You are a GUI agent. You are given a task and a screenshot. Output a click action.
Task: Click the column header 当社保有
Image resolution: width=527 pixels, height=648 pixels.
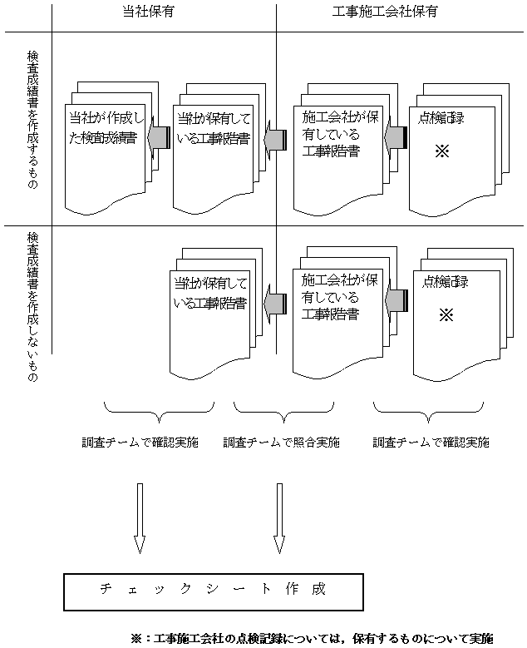coord(163,12)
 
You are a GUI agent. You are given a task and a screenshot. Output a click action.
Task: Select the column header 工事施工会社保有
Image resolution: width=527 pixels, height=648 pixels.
coord(385,12)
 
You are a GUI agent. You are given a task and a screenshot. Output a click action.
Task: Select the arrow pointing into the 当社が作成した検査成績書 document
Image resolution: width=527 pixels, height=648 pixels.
coord(159,136)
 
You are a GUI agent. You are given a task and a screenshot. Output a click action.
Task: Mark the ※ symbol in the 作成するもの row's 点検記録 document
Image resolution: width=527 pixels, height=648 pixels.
coord(441,153)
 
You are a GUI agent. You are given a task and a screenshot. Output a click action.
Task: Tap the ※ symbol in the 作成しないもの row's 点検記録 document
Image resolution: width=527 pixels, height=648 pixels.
coord(445,315)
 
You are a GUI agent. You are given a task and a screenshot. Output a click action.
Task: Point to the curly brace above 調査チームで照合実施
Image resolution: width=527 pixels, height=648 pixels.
coord(274,408)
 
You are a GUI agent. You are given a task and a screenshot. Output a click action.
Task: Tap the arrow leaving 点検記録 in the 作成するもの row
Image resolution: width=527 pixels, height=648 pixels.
coord(395,136)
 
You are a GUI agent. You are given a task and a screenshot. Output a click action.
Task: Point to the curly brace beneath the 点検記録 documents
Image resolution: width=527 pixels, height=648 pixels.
coord(430,408)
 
